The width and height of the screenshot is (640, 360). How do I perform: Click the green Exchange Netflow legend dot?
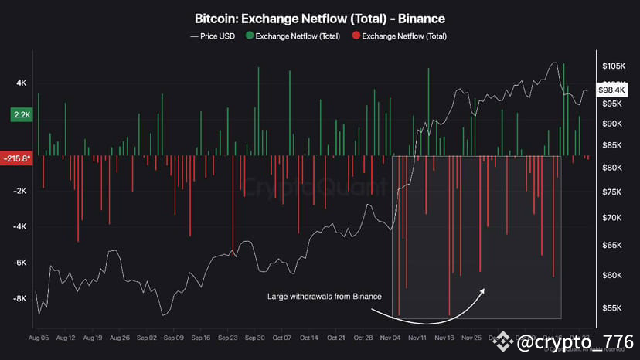[248, 36]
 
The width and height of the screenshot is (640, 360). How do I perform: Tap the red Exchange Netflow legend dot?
[355, 36]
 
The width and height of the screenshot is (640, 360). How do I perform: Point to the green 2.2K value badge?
[21, 114]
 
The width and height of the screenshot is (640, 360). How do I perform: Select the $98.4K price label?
[616, 91]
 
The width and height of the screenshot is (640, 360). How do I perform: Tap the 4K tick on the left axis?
[21, 83]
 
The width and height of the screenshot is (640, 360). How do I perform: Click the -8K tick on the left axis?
[20, 298]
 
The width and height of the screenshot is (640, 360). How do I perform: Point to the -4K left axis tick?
[20, 226]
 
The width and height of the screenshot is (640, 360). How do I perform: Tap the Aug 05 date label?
[39, 338]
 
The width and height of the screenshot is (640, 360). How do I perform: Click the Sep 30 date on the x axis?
[254, 338]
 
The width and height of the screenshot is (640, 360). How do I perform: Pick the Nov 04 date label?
[390, 338]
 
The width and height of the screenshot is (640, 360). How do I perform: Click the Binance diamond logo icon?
[504, 340]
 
